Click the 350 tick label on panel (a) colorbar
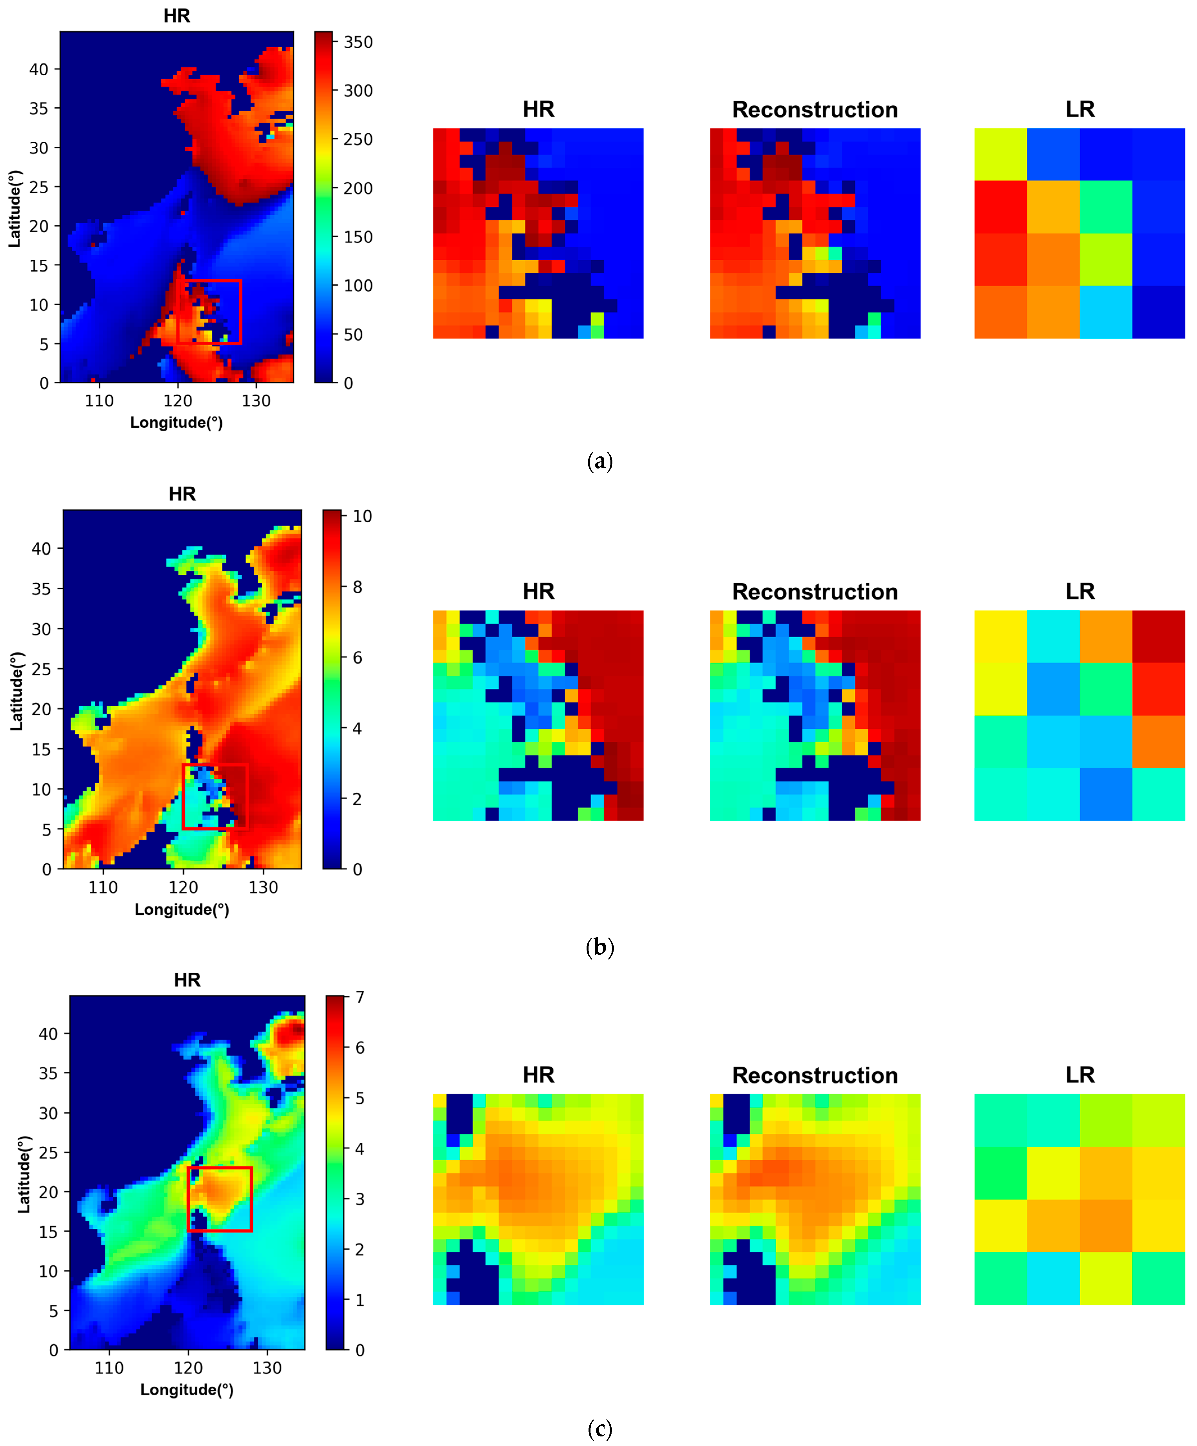click(x=358, y=42)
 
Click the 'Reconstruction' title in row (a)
click(x=815, y=110)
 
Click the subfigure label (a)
click(x=599, y=461)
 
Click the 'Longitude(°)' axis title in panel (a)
click(x=176, y=422)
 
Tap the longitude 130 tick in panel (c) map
click(x=266, y=1368)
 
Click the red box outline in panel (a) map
click(x=240, y=311)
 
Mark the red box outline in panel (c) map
click(x=251, y=1199)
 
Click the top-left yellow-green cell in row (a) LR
click(x=1000, y=154)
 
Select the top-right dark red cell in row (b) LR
click(x=1158, y=636)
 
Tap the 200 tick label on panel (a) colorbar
click(x=358, y=188)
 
